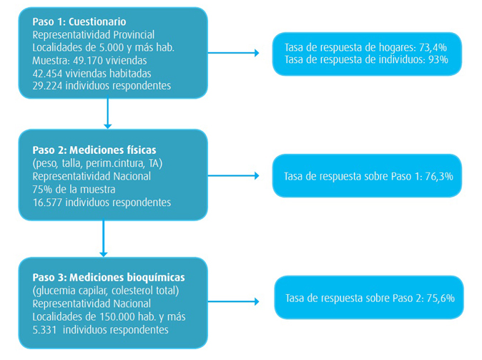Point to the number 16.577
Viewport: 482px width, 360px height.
click(50, 202)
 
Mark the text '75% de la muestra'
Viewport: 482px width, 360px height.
click(74, 189)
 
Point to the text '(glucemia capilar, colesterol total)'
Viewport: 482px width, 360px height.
click(105, 291)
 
